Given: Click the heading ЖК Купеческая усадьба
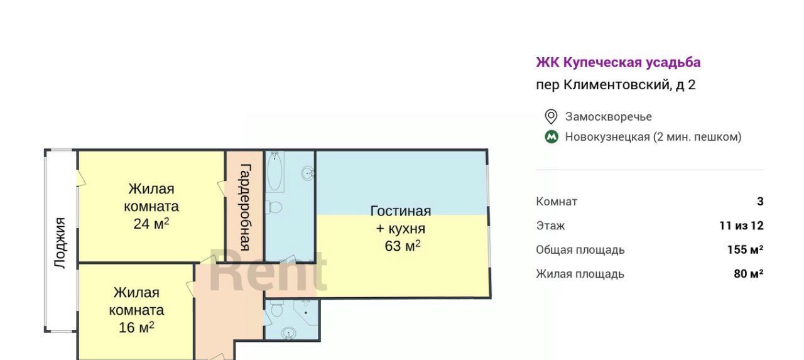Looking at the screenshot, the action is (618, 62).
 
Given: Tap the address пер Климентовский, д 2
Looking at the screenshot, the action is (616, 85).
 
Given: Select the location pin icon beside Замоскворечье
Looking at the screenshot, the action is (551, 117).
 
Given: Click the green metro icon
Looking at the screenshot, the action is (551, 137).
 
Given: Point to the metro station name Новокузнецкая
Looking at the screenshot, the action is (607, 137).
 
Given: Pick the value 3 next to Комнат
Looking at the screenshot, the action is (760, 201).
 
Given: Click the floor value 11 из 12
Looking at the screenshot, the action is (741, 226).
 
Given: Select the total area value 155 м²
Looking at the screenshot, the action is (745, 249).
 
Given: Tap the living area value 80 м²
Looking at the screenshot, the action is (748, 273).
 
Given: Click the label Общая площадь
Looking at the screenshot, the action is (580, 250).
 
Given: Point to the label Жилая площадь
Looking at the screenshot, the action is (580, 274).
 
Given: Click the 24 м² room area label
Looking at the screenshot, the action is (151, 224).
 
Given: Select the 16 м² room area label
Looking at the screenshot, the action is (136, 327).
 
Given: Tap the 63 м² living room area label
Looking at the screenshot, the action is (403, 246).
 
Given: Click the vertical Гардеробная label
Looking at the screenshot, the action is (245, 207).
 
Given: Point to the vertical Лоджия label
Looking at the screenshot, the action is (60, 243).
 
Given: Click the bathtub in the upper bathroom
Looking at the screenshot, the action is (275, 171).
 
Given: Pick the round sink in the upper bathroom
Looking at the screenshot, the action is (308, 174).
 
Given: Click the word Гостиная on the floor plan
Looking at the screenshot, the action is (401, 211).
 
